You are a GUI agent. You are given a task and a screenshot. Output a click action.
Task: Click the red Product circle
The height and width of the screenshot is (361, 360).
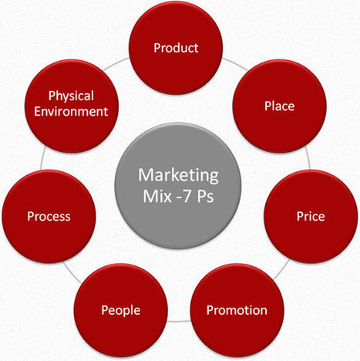pos(176,47)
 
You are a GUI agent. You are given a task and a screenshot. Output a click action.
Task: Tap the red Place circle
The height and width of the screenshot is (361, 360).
pos(280,106)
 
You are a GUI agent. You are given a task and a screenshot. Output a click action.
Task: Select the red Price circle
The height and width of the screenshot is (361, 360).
pos(311,216)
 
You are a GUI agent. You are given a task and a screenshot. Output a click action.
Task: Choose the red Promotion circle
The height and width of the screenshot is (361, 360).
pos(237,310)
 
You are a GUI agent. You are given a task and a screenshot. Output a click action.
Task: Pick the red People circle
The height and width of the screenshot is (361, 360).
pos(121,310)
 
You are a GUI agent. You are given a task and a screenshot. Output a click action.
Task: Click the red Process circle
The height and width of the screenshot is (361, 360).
pos(49,216)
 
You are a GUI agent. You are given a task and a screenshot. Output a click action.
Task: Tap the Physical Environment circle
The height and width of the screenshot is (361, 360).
pos(72,106)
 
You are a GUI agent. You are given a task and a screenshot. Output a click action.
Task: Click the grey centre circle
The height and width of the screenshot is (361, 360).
pos(178,186)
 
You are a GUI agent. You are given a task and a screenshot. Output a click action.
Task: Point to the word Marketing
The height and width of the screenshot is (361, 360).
pos(178,176)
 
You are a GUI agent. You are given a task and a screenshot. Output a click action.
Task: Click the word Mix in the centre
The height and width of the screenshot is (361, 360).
pos(157,197)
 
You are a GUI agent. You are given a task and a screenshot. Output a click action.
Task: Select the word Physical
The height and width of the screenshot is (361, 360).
pos(71,96)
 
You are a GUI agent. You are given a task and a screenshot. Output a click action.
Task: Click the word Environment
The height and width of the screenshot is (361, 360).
pos(71,112)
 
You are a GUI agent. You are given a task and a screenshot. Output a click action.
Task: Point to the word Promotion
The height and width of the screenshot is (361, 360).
pos(237,310)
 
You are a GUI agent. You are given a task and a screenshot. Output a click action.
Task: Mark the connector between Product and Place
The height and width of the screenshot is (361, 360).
pos(234,64)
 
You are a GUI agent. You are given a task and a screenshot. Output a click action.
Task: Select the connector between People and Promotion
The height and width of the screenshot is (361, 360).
pos(179,322)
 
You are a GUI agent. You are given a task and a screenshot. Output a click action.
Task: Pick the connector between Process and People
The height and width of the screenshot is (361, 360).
pos(72,272)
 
